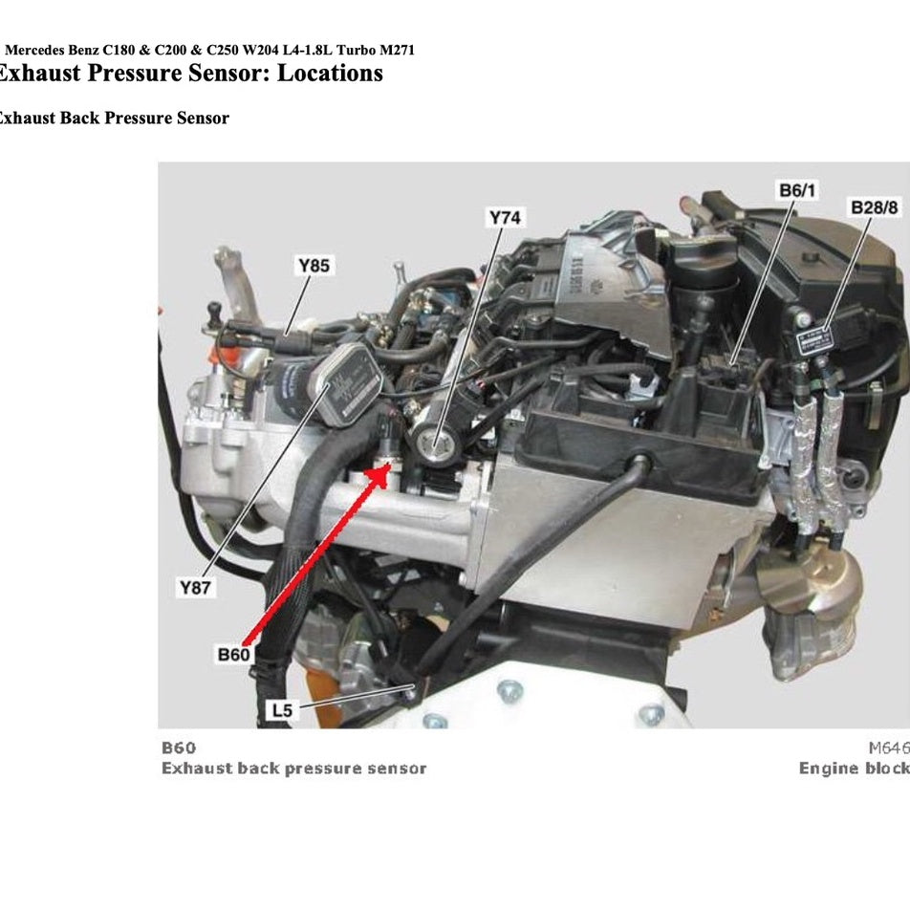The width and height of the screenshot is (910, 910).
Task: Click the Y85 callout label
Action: click(314, 266)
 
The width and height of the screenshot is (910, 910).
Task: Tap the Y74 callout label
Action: click(505, 219)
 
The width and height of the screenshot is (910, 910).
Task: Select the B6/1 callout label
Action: click(797, 190)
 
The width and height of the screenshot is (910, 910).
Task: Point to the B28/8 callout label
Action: click(874, 207)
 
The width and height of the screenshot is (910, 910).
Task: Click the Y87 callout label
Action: click(195, 589)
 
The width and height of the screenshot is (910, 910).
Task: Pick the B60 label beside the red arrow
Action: click(233, 655)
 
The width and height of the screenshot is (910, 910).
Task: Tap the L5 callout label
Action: click(282, 710)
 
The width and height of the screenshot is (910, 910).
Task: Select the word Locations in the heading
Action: click(330, 74)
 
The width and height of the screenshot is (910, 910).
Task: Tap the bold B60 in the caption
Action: click(179, 747)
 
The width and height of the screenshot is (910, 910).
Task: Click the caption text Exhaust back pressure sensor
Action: click(293, 769)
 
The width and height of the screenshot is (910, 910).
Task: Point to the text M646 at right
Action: click(889, 747)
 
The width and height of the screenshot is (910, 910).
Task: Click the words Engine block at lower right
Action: click(854, 769)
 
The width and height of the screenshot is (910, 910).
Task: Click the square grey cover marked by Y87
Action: click(352, 377)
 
